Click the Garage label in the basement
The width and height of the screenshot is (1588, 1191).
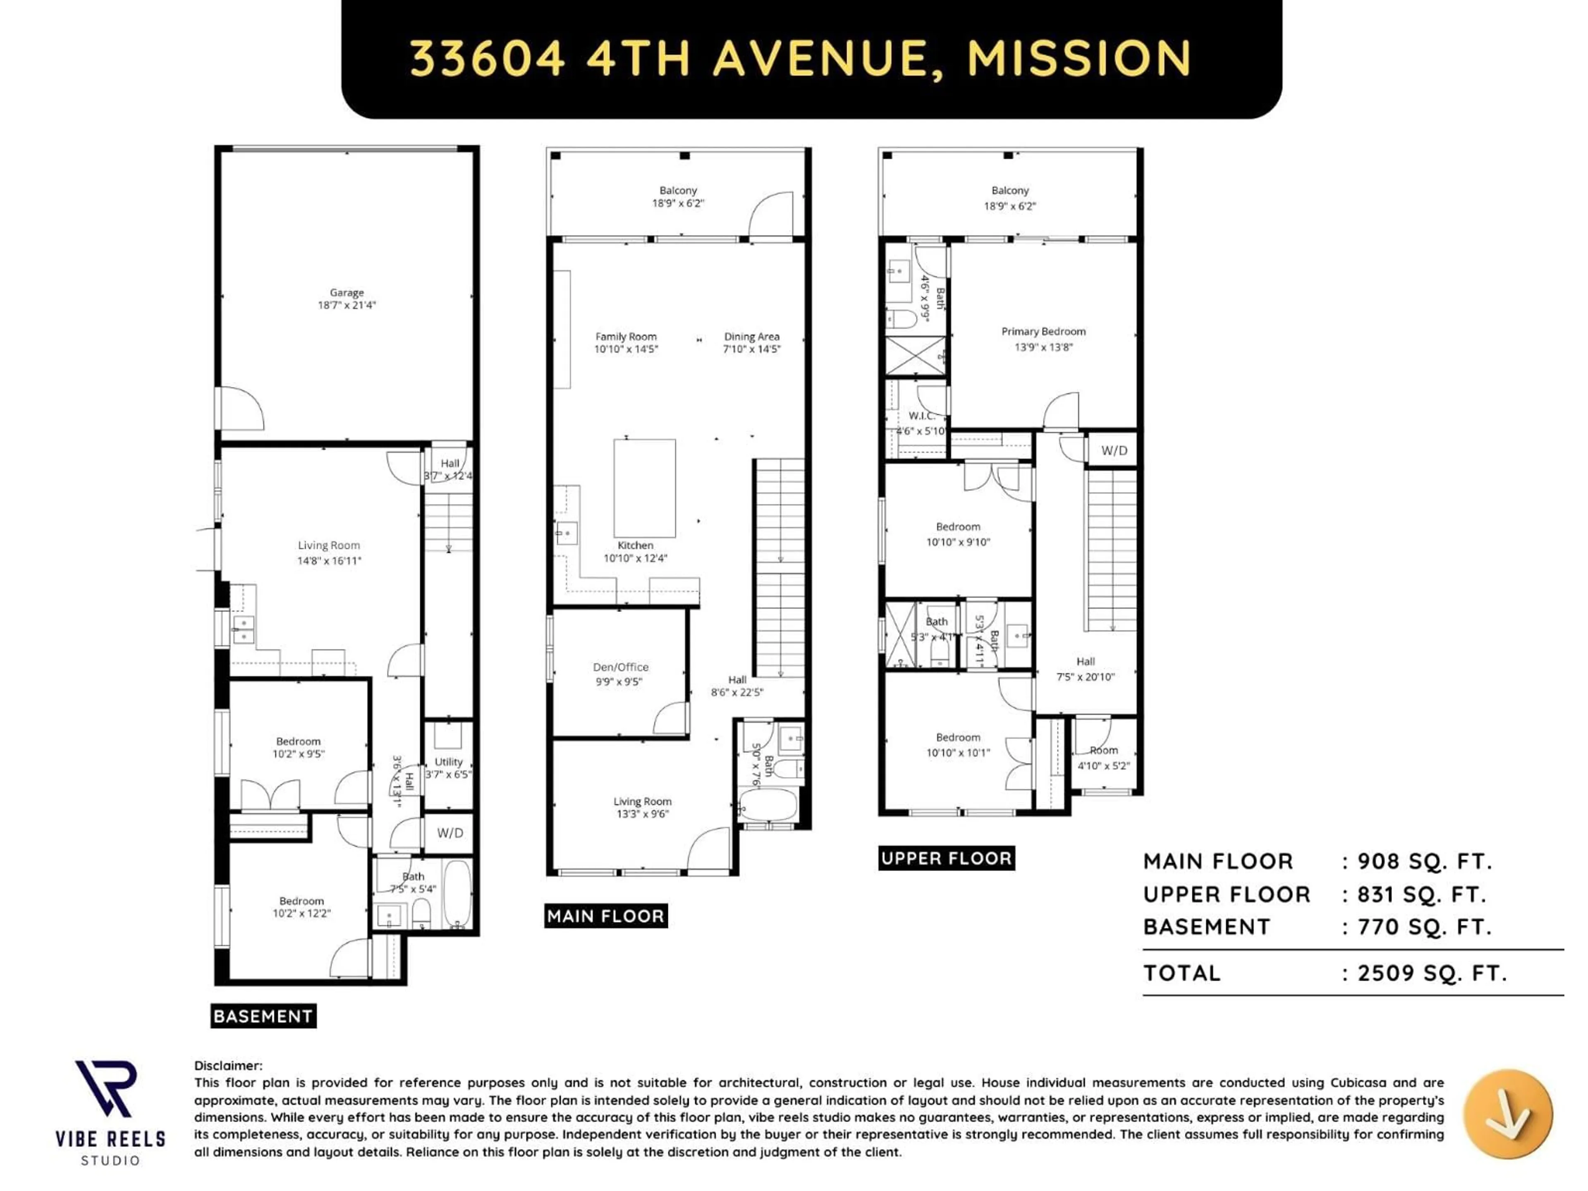tap(347, 293)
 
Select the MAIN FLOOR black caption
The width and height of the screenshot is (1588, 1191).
tap(606, 916)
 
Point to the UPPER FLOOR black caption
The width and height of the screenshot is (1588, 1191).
tap(946, 858)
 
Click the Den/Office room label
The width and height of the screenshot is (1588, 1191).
tap(620, 667)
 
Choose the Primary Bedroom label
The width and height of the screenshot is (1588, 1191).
tap(1043, 332)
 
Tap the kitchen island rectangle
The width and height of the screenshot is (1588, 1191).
tap(644, 488)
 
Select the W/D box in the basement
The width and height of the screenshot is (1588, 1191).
tap(450, 833)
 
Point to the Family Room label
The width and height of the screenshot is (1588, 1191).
tap(625, 337)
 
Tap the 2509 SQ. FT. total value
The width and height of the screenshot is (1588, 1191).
tap(1432, 973)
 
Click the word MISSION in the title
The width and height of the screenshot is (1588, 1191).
tap(1079, 59)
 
